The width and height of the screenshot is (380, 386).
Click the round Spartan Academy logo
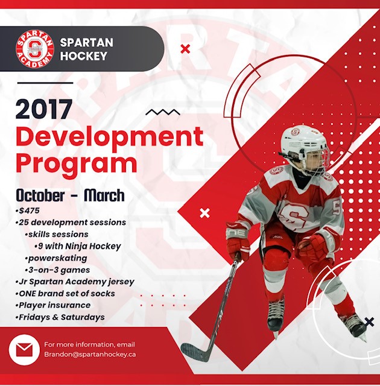click(35, 49)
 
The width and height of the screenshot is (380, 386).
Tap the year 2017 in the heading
click(44, 109)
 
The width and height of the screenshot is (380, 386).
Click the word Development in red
click(110, 136)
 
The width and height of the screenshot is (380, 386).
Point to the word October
click(40, 195)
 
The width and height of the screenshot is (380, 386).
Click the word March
click(104, 195)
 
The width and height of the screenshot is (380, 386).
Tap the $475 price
click(29, 210)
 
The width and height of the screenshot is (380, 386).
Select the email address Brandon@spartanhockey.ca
click(90, 355)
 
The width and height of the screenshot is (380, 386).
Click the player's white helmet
click(304, 143)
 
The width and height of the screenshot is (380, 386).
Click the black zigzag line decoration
click(163, 112)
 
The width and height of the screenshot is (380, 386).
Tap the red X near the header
click(185, 49)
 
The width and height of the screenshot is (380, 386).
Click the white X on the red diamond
click(204, 213)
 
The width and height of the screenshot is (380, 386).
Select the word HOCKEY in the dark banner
click(84, 56)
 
